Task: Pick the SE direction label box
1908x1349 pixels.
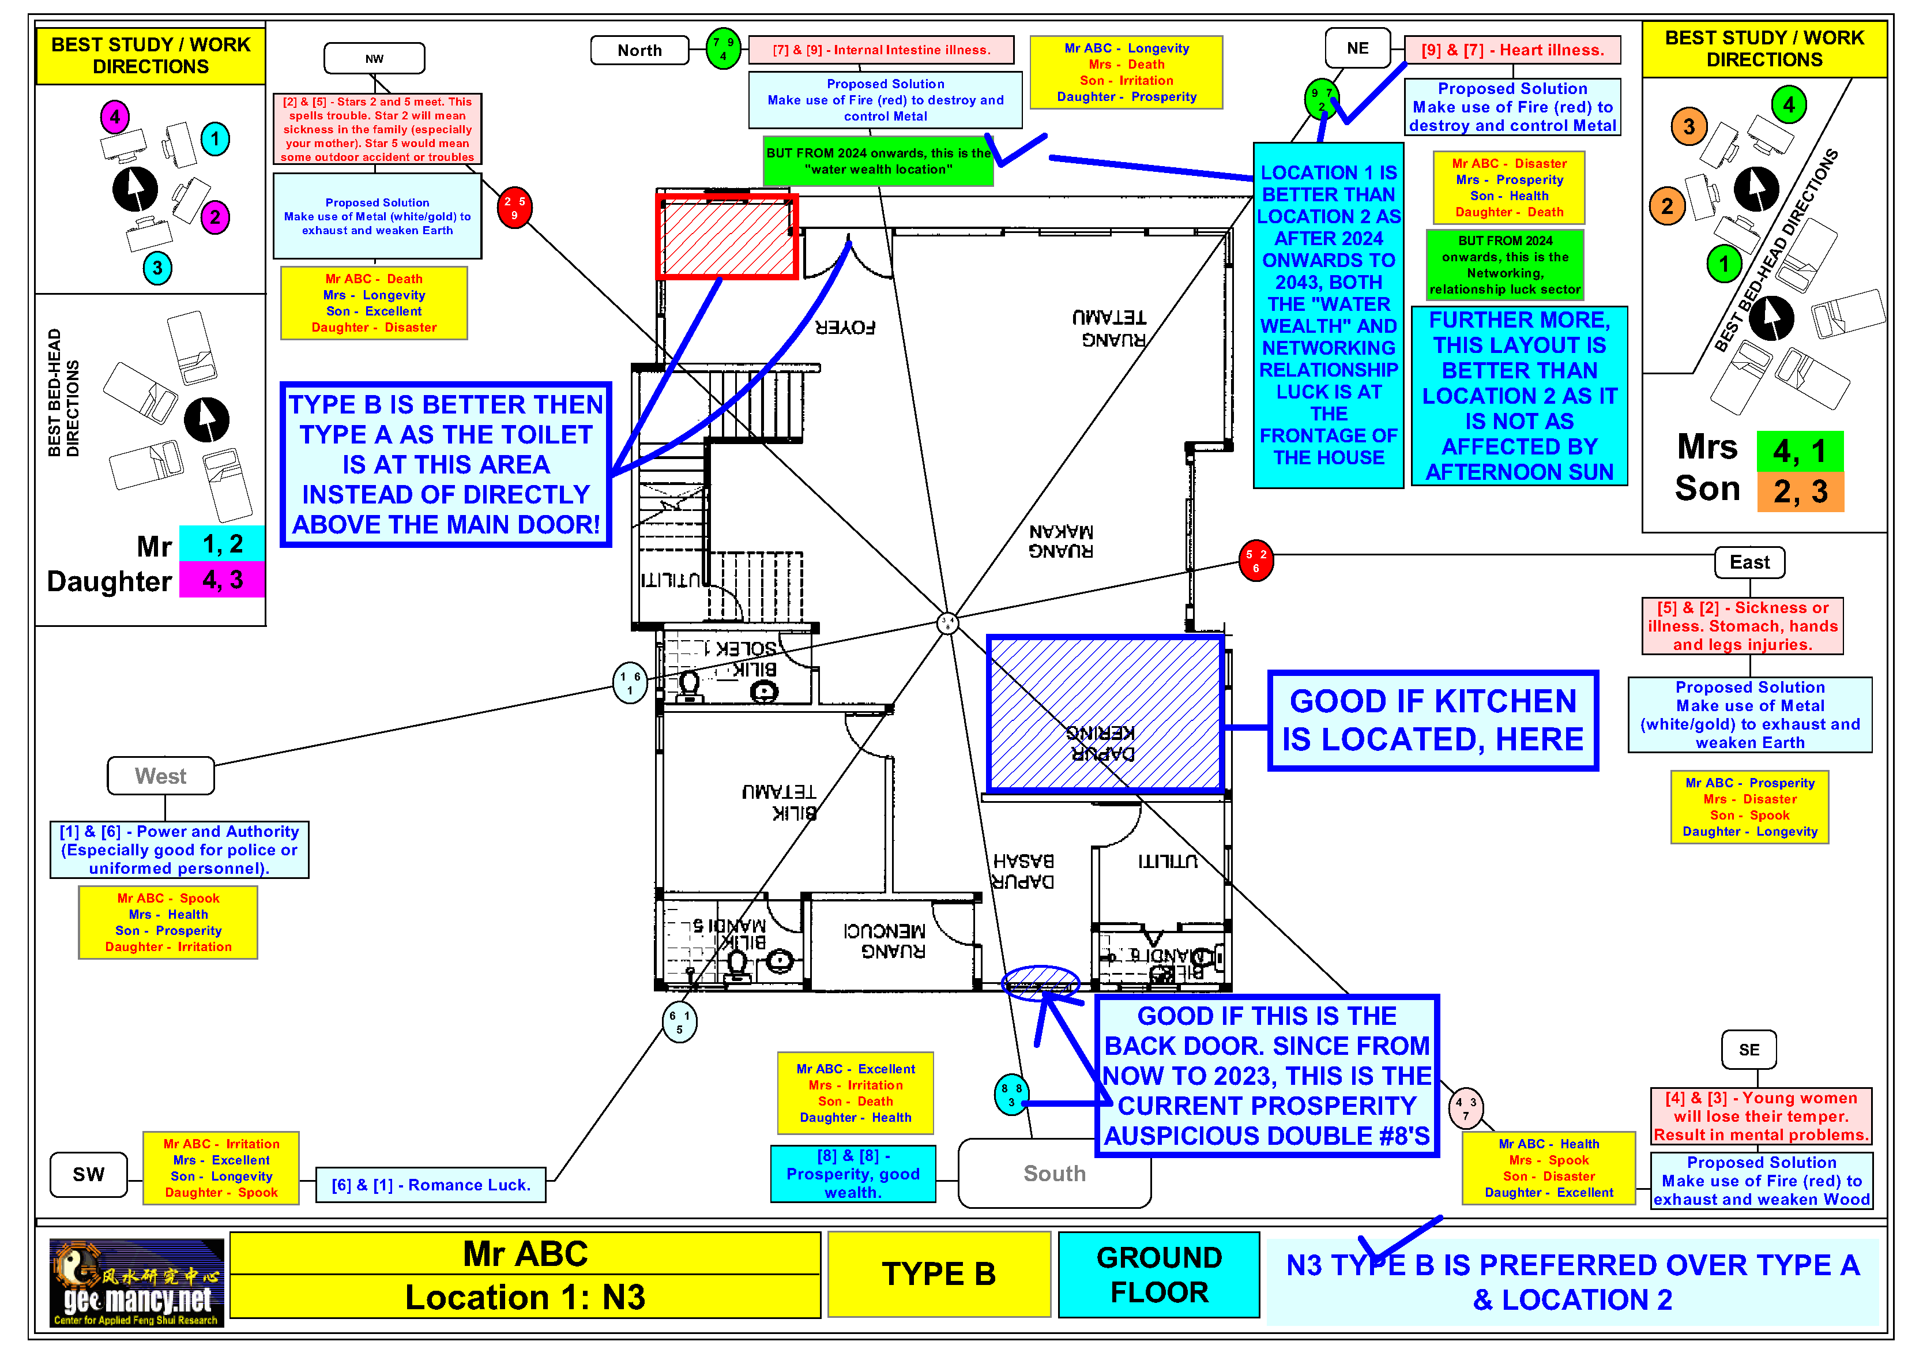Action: pyautogui.click(x=1748, y=1050)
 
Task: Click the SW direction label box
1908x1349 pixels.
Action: pyautogui.click(x=89, y=1174)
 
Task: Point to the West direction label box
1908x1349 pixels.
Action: pyautogui.click(x=160, y=776)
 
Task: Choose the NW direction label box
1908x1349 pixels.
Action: pyautogui.click(x=374, y=59)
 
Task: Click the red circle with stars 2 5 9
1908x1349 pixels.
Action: pyautogui.click(x=514, y=208)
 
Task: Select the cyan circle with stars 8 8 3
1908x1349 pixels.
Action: pyautogui.click(x=1011, y=1095)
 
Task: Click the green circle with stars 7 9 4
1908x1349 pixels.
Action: pyautogui.click(x=723, y=48)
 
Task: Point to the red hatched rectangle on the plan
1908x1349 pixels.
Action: pyautogui.click(x=727, y=237)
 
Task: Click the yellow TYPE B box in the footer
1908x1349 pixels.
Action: pyautogui.click(x=939, y=1274)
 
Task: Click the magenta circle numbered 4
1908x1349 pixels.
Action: pyautogui.click(x=115, y=117)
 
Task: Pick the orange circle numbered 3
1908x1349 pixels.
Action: pyautogui.click(x=1689, y=127)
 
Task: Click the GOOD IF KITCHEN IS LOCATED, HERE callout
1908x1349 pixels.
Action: pyautogui.click(x=1433, y=720)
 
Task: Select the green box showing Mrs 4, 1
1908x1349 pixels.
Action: pyautogui.click(x=1800, y=450)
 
